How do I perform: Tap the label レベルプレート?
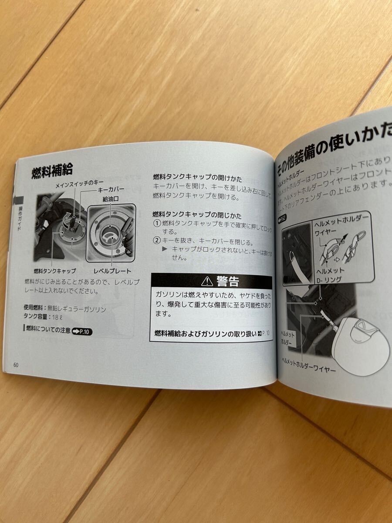tap(112, 271)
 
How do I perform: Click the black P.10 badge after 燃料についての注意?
tap(83, 331)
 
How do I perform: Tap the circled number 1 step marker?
tap(157, 224)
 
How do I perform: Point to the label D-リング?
tap(328, 279)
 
